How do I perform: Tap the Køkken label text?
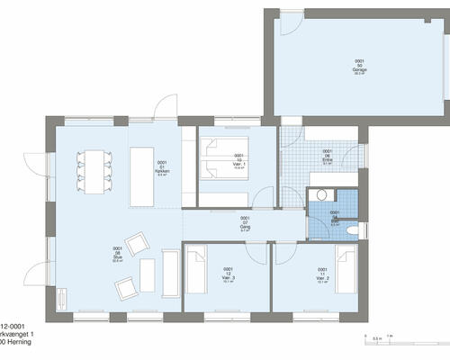point(163,168)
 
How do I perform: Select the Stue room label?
point(117,255)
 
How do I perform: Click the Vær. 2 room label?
point(321,274)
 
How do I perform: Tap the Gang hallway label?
point(244,225)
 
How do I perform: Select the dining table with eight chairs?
point(96,165)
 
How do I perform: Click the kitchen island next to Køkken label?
point(142,175)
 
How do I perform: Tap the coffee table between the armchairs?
point(148,270)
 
